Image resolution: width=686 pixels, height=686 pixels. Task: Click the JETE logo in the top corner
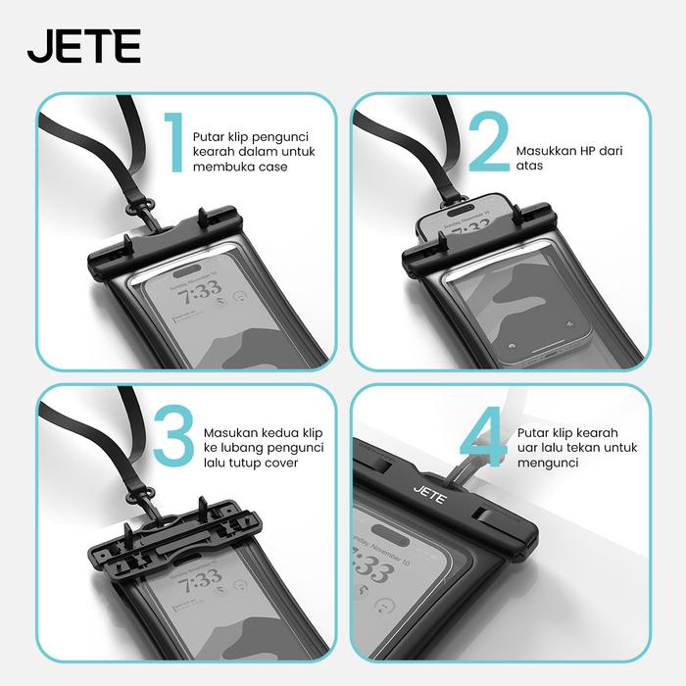[x=84, y=46]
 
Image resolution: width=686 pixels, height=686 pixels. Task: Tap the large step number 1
[x=174, y=143]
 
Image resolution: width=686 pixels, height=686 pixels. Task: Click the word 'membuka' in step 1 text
[x=218, y=167]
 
